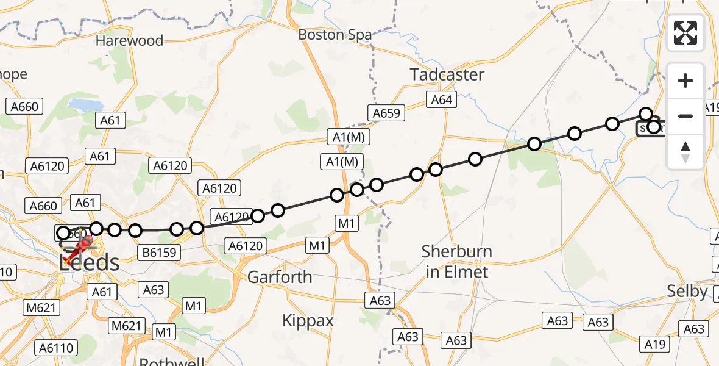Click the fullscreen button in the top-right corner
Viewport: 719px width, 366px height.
click(685, 33)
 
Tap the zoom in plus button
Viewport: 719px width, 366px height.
click(685, 81)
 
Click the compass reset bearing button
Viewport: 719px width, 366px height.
click(685, 152)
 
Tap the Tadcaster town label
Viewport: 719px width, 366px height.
click(447, 75)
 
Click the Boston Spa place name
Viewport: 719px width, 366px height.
click(335, 35)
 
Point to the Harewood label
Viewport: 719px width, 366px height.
click(129, 41)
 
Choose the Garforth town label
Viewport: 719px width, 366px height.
click(279, 278)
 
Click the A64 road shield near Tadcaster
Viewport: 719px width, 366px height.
click(442, 99)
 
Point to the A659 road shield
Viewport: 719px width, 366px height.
click(386, 112)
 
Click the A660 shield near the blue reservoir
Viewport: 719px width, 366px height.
click(24, 107)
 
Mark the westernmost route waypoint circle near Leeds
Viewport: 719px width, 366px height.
click(63, 232)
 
